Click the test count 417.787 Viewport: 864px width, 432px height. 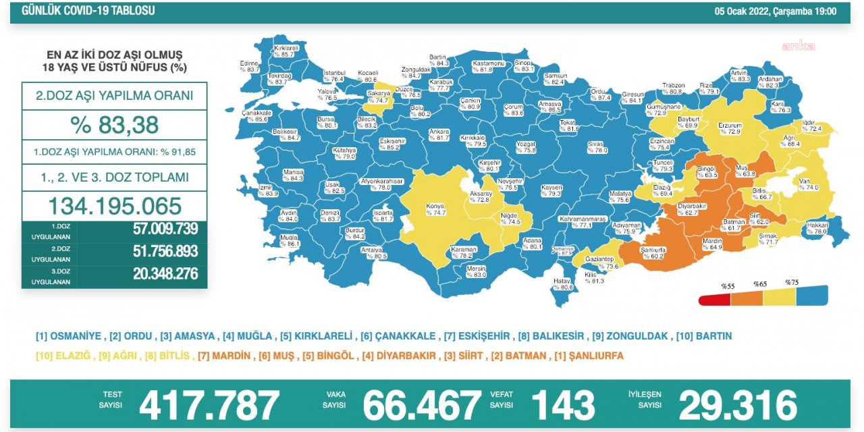[x=209, y=405]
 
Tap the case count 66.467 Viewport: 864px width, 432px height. [x=422, y=405]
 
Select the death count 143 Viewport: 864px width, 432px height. [x=563, y=405]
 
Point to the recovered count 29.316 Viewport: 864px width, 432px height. [x=737, y=405]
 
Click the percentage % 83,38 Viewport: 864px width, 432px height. [x=114, y=125]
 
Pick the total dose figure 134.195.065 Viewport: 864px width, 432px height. [x=114, y=206]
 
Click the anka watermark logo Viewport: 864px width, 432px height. [x=798, y=46]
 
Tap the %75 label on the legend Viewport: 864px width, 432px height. [x=791, y=282]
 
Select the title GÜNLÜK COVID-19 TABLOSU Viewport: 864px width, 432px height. [x=88, y=11]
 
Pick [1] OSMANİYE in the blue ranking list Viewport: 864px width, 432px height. [x=68, y=335]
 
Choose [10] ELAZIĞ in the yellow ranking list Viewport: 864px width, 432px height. [x=65, y=356]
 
